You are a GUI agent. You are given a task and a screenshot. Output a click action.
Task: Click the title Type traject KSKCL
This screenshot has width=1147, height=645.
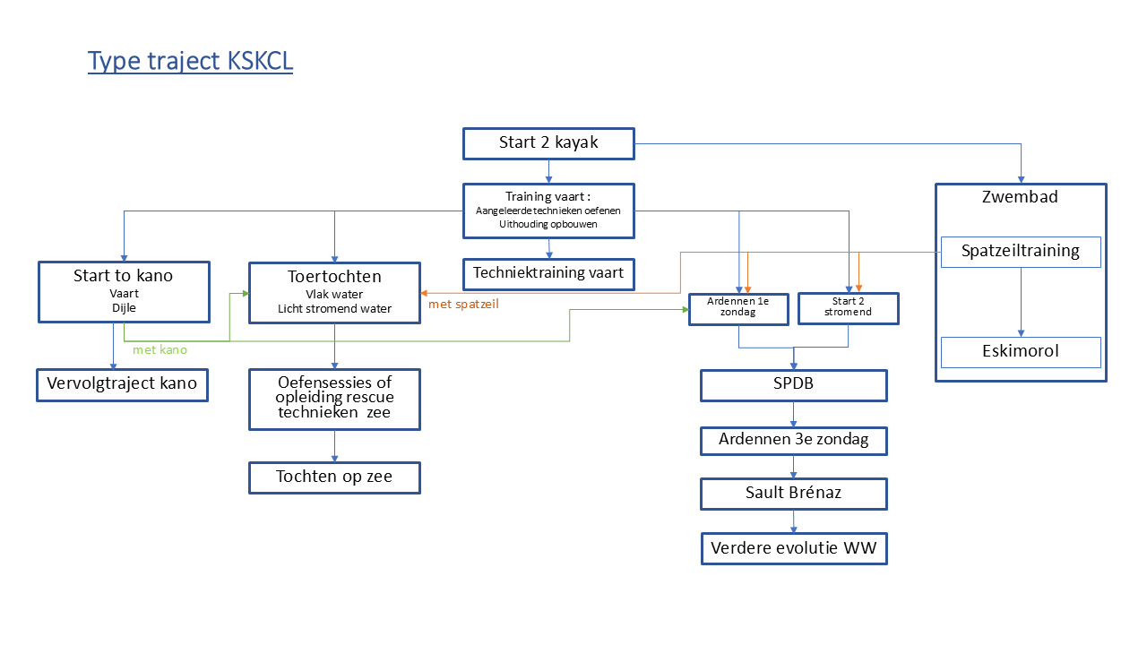(x=190, y=61)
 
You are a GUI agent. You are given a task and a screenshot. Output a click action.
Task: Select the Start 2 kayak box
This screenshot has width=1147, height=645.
(x=548, y=143)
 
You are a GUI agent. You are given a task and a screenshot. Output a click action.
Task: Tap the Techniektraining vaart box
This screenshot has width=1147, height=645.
(x=548, y=274)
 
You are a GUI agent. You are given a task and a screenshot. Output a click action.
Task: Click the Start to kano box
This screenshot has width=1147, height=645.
(x=124, y=292)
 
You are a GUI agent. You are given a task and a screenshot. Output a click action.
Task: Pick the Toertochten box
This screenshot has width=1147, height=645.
(x=334, y=292)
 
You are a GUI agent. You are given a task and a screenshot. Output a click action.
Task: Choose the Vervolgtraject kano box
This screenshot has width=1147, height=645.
(x=122, y=384)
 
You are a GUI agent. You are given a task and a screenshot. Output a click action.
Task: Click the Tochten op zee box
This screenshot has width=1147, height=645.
(x=334, y=477)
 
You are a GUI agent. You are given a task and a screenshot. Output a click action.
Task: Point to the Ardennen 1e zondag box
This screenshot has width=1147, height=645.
(x=737, y=308)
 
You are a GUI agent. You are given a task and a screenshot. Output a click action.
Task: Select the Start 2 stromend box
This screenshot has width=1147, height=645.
(x=848, y=308)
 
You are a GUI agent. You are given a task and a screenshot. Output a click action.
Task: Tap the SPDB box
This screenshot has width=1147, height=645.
(x=793, y=385)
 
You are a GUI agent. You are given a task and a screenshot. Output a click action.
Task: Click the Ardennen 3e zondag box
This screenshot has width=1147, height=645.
(x=793, y=441)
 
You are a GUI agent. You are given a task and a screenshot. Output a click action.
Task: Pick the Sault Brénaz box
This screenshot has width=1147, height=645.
(x=793, y=494)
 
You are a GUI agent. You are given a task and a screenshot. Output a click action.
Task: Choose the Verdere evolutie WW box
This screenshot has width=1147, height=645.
(x=793, y=548)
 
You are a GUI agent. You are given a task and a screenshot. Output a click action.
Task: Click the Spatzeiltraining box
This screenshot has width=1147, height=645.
(x=1021, y=252)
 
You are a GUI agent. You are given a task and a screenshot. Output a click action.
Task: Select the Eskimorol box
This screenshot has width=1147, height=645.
(x=1021, y=352)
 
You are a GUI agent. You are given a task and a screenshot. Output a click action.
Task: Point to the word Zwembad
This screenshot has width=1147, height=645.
(x=1020, y=197)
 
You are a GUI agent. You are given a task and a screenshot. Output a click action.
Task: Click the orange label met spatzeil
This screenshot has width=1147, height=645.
(x=463, y=305)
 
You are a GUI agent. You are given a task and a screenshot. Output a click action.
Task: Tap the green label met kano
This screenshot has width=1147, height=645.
(x=160, y=350)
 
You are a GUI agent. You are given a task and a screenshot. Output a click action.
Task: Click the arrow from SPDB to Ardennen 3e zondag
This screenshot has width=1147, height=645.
(x=793, y=414)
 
